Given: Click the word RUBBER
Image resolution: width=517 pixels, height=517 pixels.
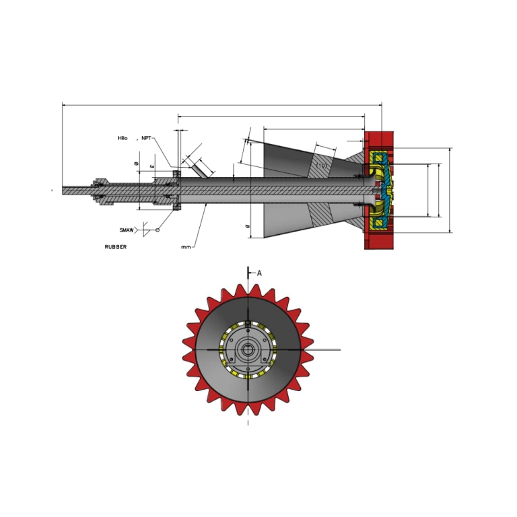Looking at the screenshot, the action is (x=115, y=247).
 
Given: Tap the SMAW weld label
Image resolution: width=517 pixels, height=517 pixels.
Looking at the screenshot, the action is (x=127, y=230).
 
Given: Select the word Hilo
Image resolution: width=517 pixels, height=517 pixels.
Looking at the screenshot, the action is (x=123, y=138).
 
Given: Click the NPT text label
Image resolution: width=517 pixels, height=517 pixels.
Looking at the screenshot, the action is (x=146, y=138).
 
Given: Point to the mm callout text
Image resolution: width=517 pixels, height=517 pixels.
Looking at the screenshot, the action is (x=186, y=247).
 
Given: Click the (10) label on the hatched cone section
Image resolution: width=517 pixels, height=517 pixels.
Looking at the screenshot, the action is (x=322, y=165).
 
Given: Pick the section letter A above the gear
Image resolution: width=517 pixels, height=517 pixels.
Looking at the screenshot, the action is (x=259, y=273).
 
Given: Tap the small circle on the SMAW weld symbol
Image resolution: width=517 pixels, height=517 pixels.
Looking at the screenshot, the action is (x=158, y=230).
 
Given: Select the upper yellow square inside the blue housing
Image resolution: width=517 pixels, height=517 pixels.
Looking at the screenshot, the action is (x=379, y=158).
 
